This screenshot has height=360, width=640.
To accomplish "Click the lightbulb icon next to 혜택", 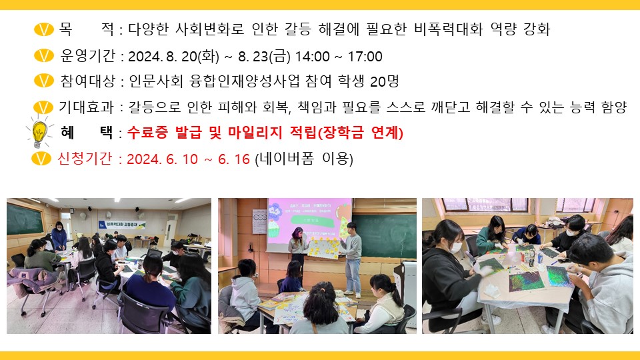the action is pos(39,131).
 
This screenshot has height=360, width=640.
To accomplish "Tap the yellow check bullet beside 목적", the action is pos(44,29).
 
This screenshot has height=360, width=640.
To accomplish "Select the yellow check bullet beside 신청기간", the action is pos(41,159).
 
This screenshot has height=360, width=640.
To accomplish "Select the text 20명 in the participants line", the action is pos(384,81).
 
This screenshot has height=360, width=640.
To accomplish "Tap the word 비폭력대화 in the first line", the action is pos(448,29).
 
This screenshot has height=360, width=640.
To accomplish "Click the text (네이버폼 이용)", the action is pos(304,159).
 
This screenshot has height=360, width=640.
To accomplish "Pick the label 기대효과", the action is pos(86,107).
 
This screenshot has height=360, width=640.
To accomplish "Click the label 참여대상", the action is pos(88,81).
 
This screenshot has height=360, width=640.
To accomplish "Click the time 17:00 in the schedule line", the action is pos(365,57).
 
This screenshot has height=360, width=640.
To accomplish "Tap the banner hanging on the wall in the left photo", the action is pos(121,225).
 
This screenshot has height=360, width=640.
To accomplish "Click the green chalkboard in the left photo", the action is pos(25,219).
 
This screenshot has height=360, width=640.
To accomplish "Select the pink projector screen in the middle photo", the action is pos(309,225).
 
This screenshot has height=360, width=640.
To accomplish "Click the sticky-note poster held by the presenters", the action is pos(325,248).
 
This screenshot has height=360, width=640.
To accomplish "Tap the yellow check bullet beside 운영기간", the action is pos(44,56).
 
